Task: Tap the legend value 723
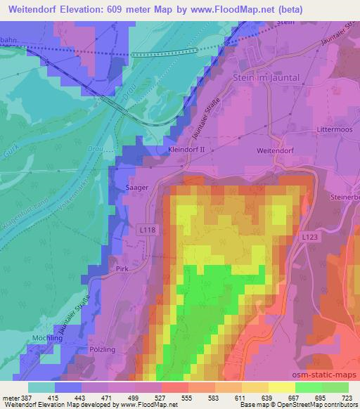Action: pyautogui.click(x=347, y=398)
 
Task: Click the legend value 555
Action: pyautogui.click(x=186, y=398)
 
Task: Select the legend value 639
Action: pyautogui.click(x=267, y=398)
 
